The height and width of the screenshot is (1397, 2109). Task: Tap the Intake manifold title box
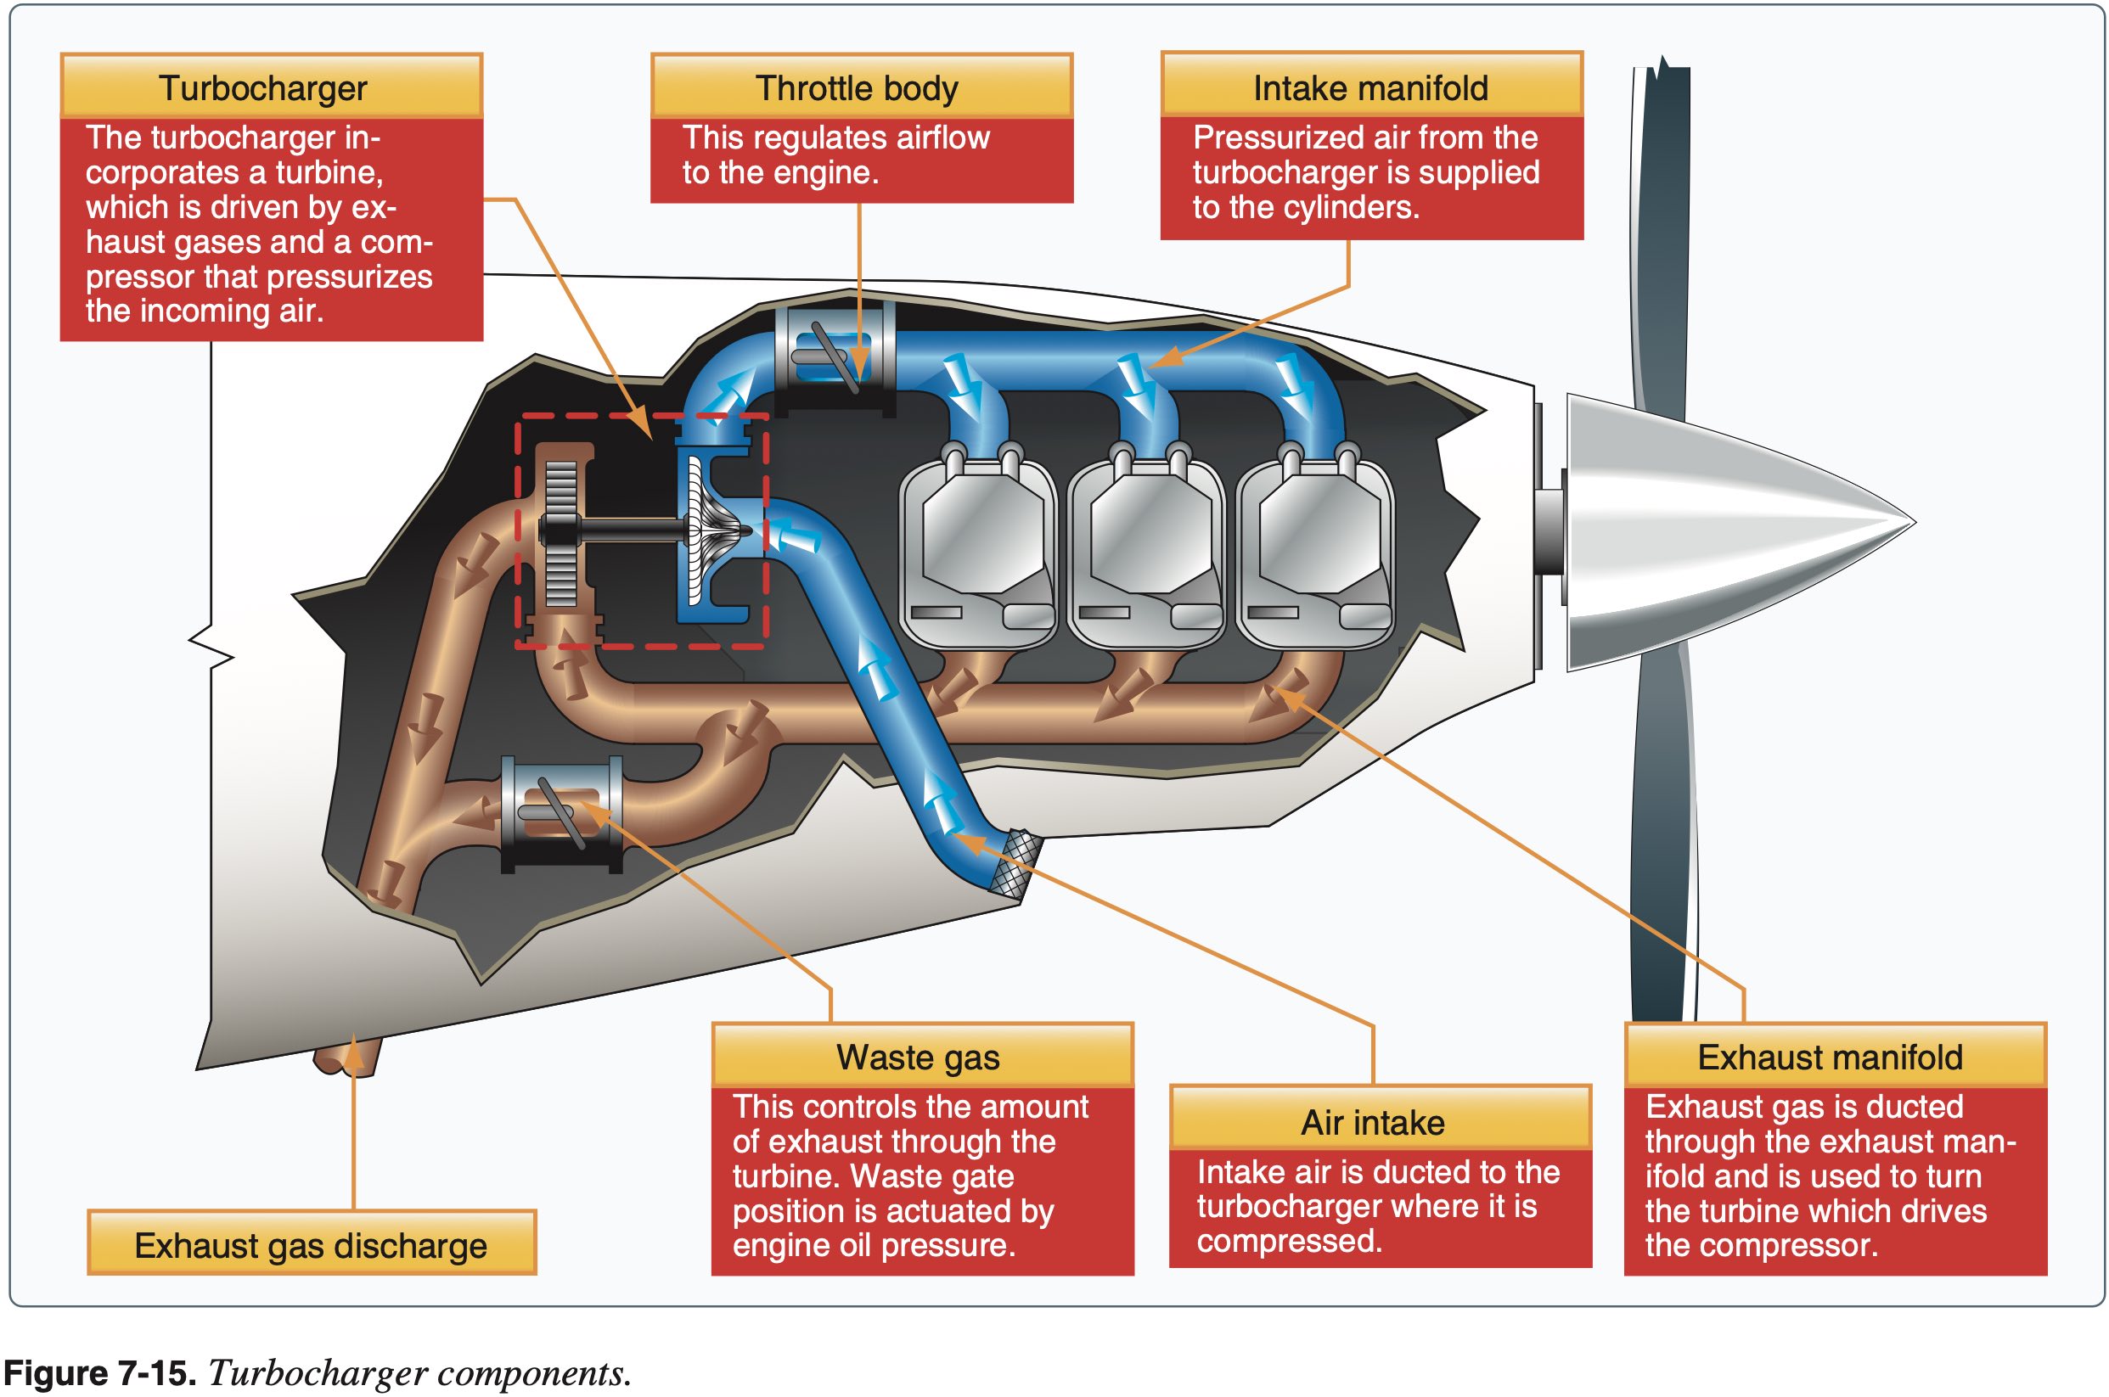click(1370, 87)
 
